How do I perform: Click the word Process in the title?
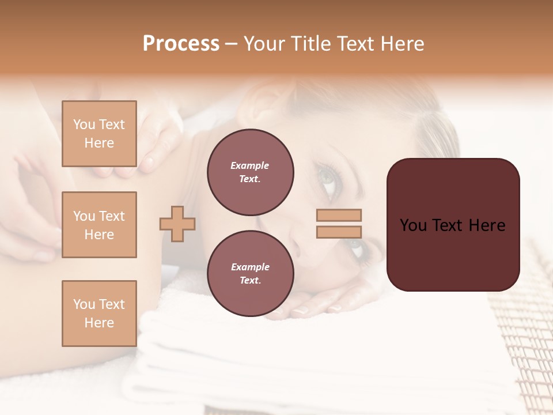coord(181,44)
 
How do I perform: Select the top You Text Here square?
coord(99,134)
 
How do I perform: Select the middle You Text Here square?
coord(99,225)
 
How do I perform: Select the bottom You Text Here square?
coord(99,314)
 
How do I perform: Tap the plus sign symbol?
coord(177,224)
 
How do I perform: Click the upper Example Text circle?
coord(250,172)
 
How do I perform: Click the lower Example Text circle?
coord(250,273)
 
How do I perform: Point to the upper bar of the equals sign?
coord(339,215)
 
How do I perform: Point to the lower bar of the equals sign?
coord(339,232)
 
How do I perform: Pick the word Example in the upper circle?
coord(250,165)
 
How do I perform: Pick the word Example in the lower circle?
coord(250,267)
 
